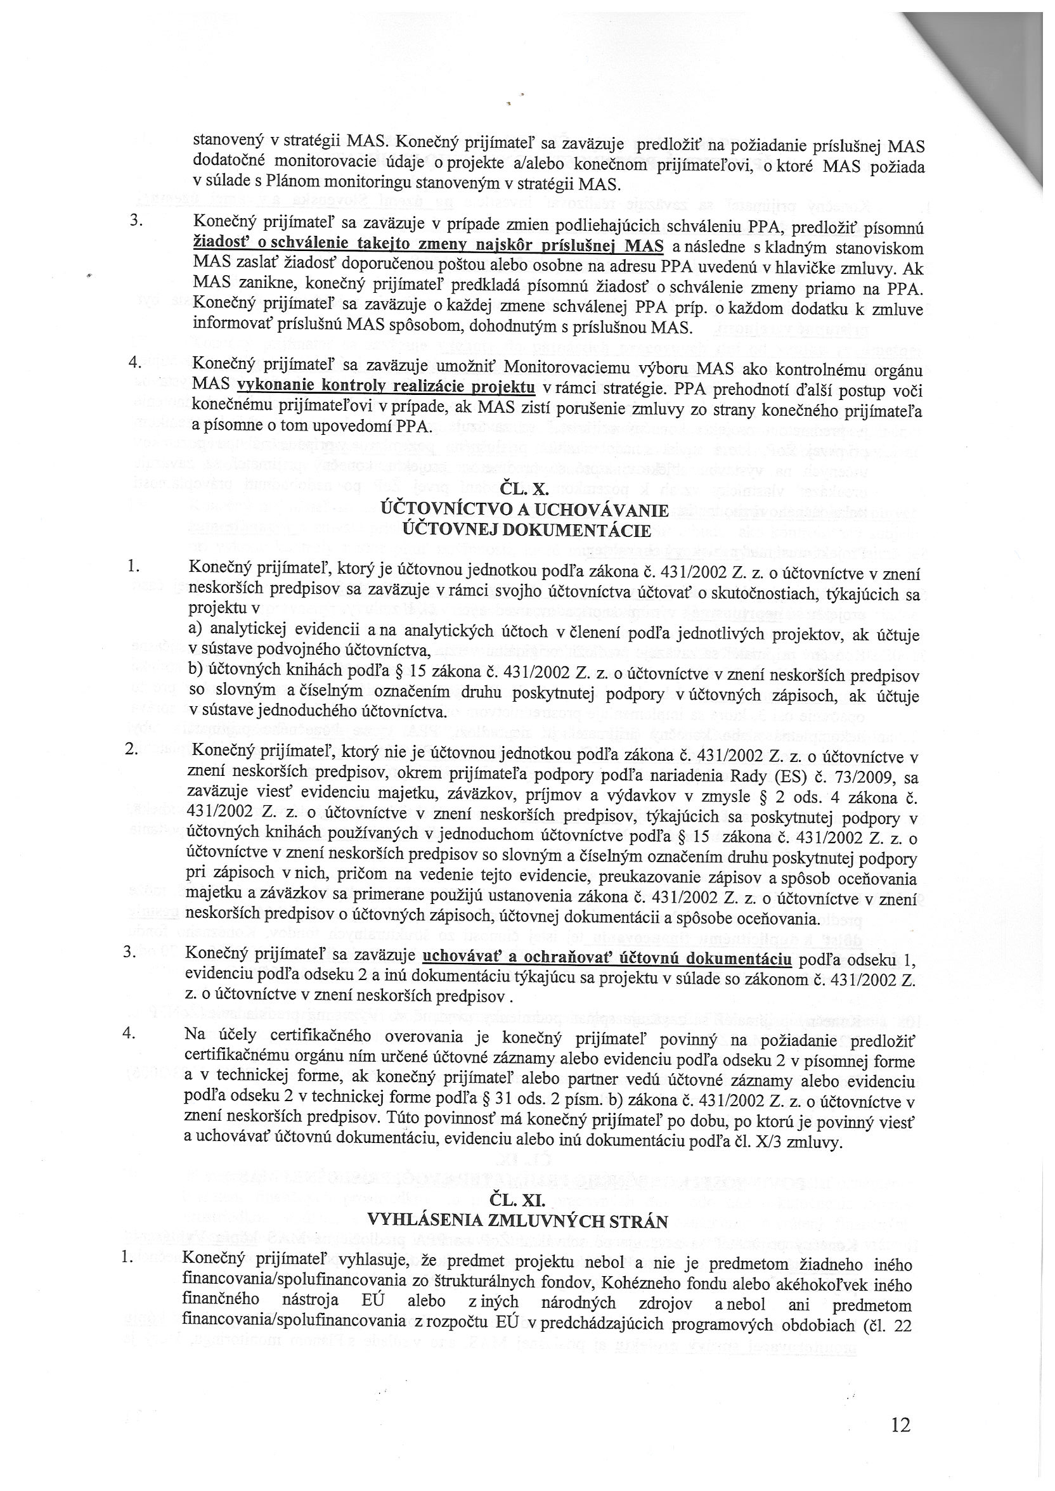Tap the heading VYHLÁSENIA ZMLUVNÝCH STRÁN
518,1222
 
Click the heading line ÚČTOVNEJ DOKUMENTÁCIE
527,531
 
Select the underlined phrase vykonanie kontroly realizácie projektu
387,388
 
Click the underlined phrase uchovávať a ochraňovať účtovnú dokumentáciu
607,958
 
